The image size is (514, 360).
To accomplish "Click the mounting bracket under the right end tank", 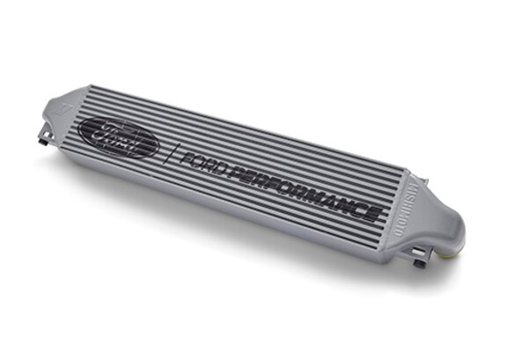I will click(x=421, y=261).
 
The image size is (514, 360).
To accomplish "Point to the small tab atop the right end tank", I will click(x=426, y=180).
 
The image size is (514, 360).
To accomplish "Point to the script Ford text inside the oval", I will click(x=117, y=137).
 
